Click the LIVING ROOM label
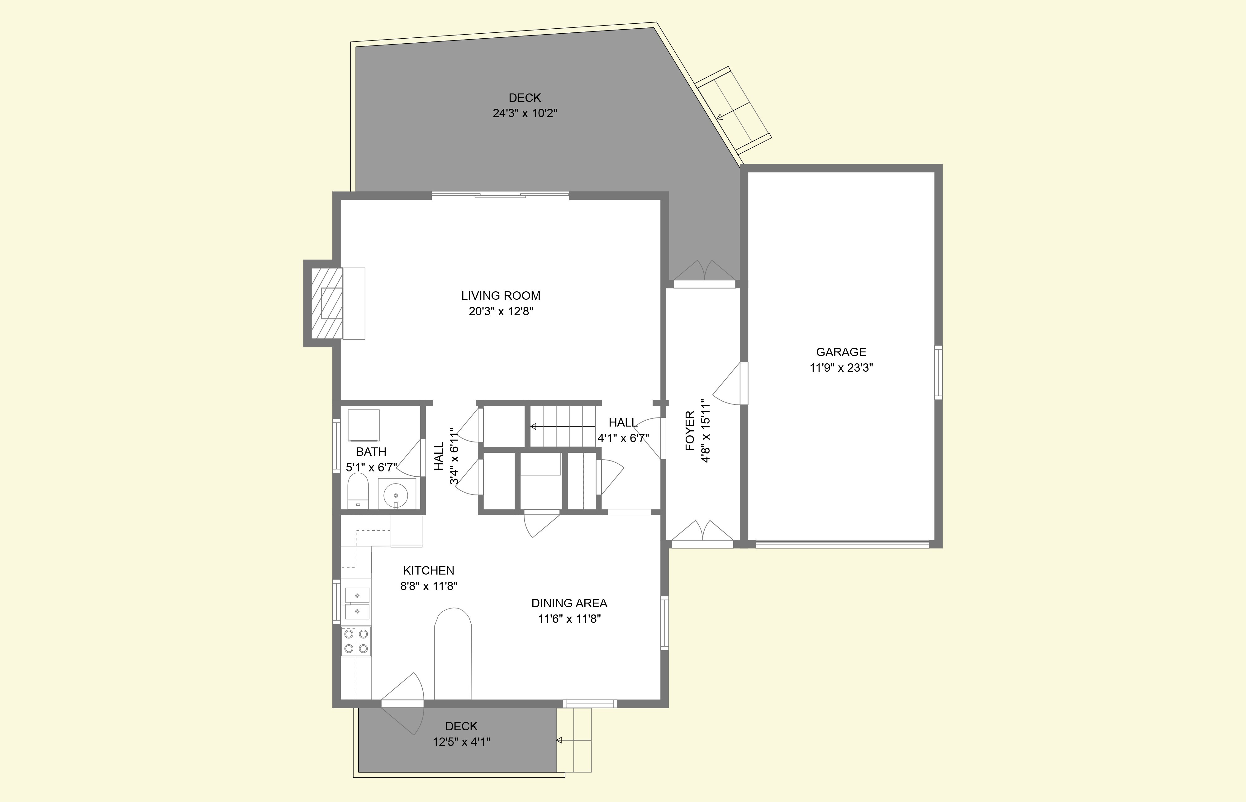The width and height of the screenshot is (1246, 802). [500, 296]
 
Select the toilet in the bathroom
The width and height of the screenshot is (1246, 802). [358, 490]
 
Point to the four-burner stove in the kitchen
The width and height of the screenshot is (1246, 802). [356, 641]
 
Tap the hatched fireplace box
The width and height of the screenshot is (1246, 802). [327, 303]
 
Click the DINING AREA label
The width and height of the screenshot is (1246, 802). [569, 603]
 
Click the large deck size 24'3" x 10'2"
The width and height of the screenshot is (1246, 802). [525, 113]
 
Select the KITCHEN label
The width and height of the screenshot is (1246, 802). [429, 570]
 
